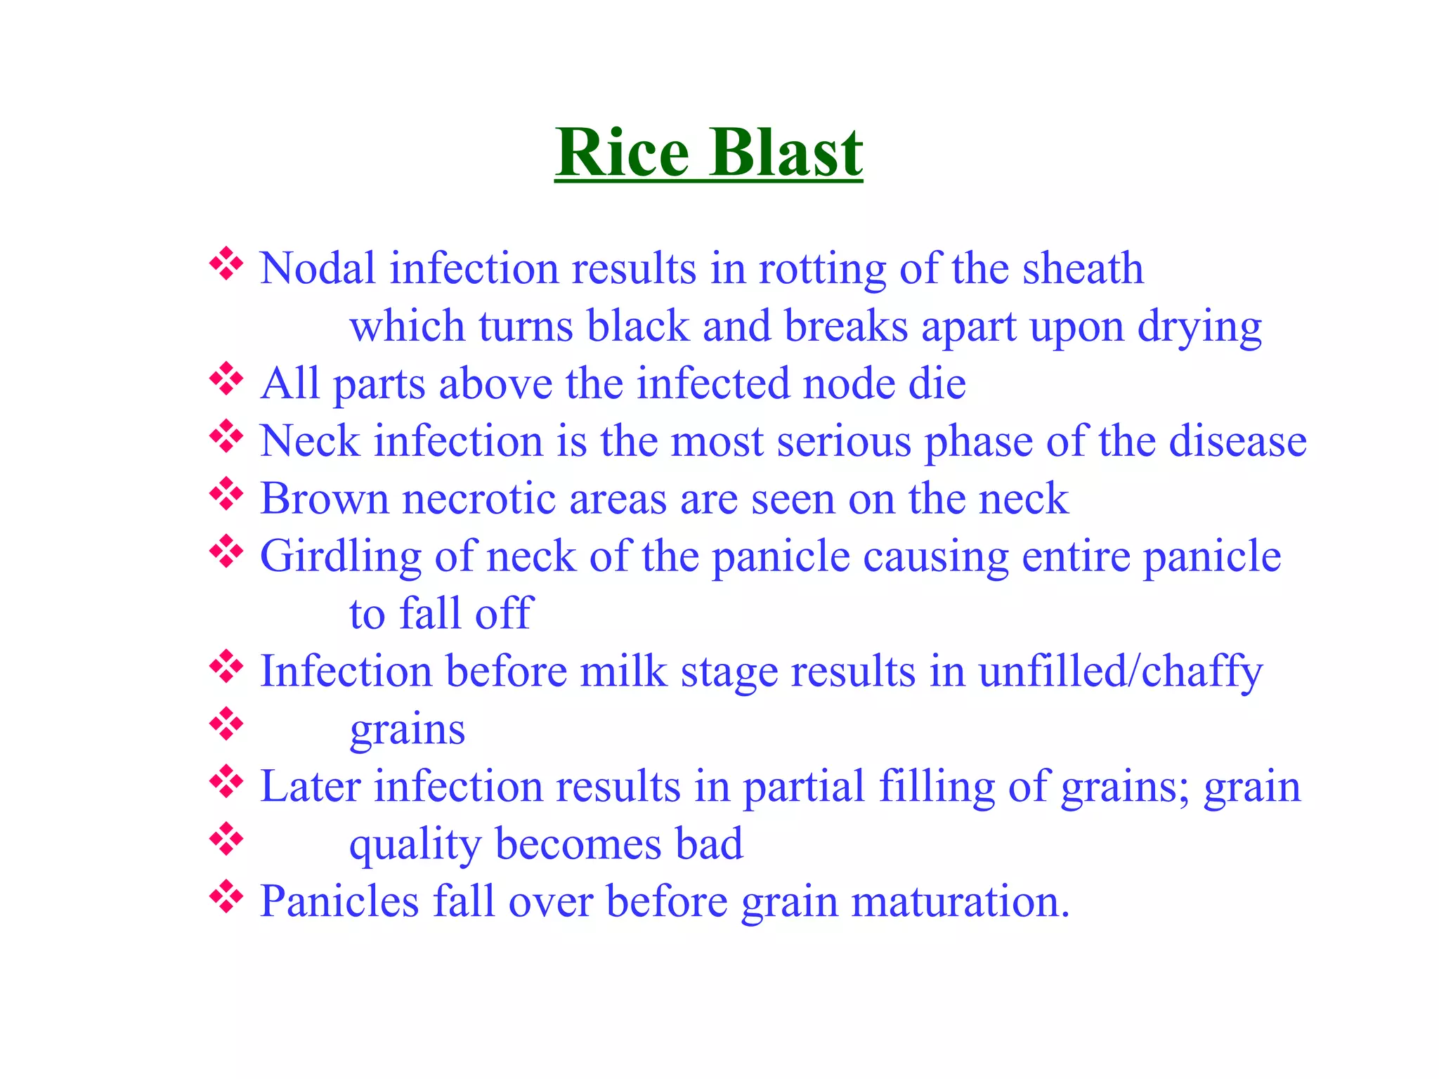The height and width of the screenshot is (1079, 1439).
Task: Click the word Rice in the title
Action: pyautogui.click(x=623, y=153)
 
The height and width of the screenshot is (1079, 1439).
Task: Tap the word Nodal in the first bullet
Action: pyautogui.click(x=318, y=268)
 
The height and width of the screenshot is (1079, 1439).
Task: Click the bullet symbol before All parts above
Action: pyautogui.click(x=226, y=379)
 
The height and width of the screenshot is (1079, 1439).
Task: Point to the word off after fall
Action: pyautogui.click(x=504, y=613)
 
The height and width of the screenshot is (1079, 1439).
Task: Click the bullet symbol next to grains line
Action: pyautogui.click(x=226, y=724)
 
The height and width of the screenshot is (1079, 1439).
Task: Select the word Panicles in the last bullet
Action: pyautogui.click(x=339, y=901)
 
